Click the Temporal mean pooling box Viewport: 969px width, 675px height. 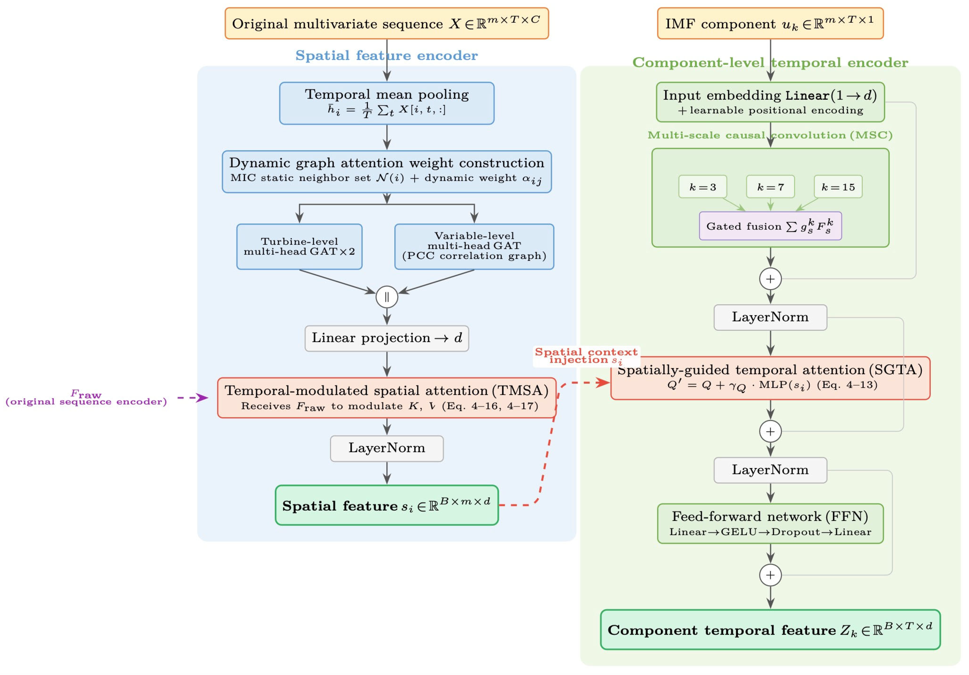[386, 103]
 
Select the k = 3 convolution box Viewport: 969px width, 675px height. [703, 186]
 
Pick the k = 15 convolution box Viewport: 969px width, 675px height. [838, 186]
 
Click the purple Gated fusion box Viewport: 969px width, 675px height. [770, 226]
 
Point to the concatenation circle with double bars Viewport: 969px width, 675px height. [386, 297]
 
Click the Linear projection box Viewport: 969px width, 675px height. [386, 338]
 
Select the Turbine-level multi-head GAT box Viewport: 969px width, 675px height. [299, 247]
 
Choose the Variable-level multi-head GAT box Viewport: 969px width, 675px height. [474, 247]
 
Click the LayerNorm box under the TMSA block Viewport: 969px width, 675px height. [386, 448]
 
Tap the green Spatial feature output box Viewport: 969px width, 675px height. [386, 505]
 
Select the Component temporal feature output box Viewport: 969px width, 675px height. [770, 629]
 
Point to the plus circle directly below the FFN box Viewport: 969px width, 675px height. [770, 575]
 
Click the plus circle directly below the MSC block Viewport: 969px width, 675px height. [770, 279]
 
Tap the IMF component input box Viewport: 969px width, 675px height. [770, 23]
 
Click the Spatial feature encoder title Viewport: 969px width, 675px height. [386, 55]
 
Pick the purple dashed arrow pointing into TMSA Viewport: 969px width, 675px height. [193, 397]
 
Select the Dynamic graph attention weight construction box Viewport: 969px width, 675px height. [386, 171]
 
